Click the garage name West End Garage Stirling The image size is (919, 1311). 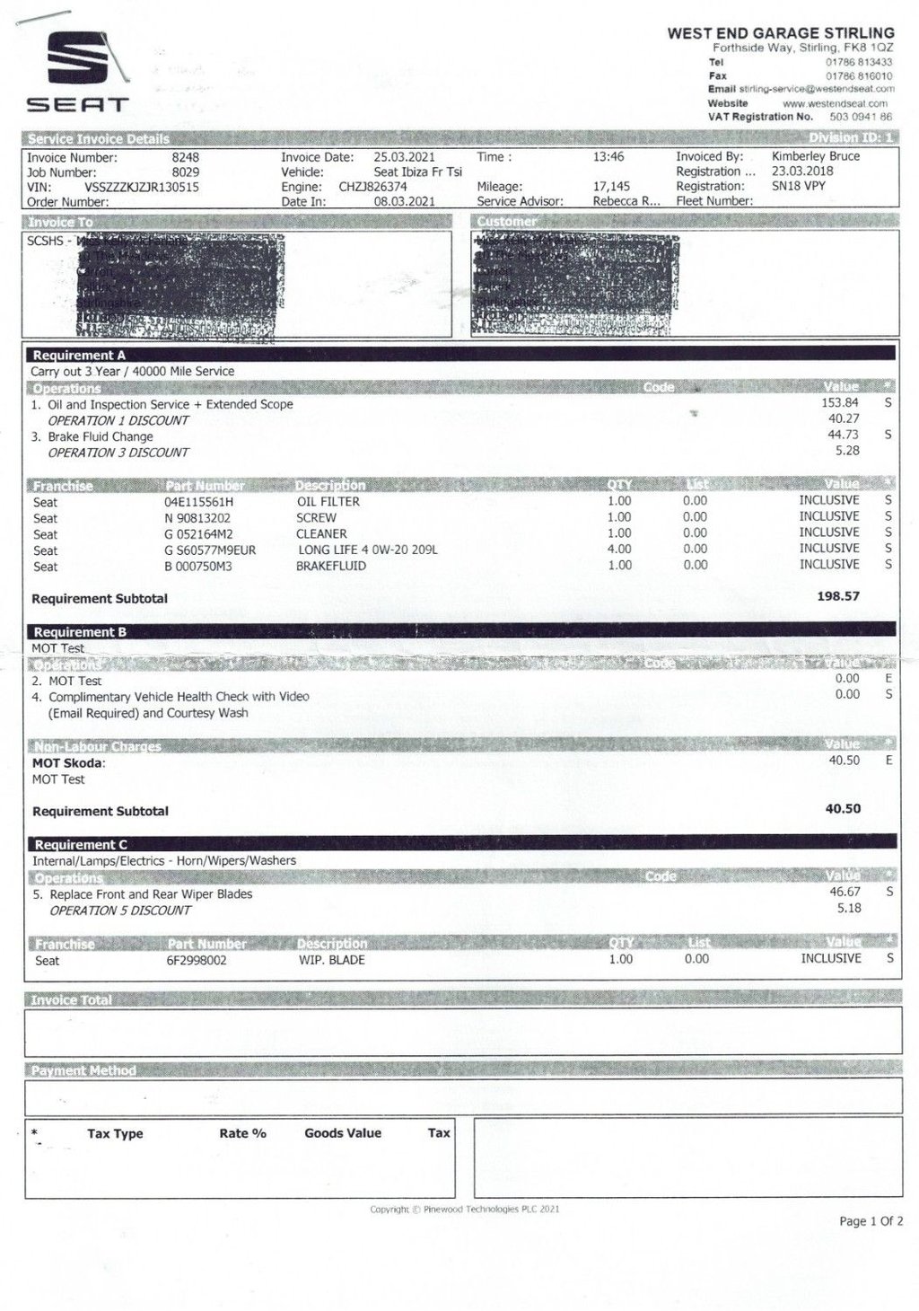780,33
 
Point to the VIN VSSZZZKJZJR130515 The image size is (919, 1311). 141,188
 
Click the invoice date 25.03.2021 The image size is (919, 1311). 404,157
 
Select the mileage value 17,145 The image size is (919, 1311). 611,187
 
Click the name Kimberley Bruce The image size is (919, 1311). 815,156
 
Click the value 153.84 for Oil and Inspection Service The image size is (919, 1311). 840,403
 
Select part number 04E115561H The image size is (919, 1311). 198,502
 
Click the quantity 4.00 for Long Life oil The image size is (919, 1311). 619,549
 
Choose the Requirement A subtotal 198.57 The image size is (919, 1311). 838,596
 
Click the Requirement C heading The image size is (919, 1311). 81,845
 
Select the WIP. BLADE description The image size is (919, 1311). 331,960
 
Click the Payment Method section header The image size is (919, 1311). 83,1070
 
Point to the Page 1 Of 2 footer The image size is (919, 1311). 871,1221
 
